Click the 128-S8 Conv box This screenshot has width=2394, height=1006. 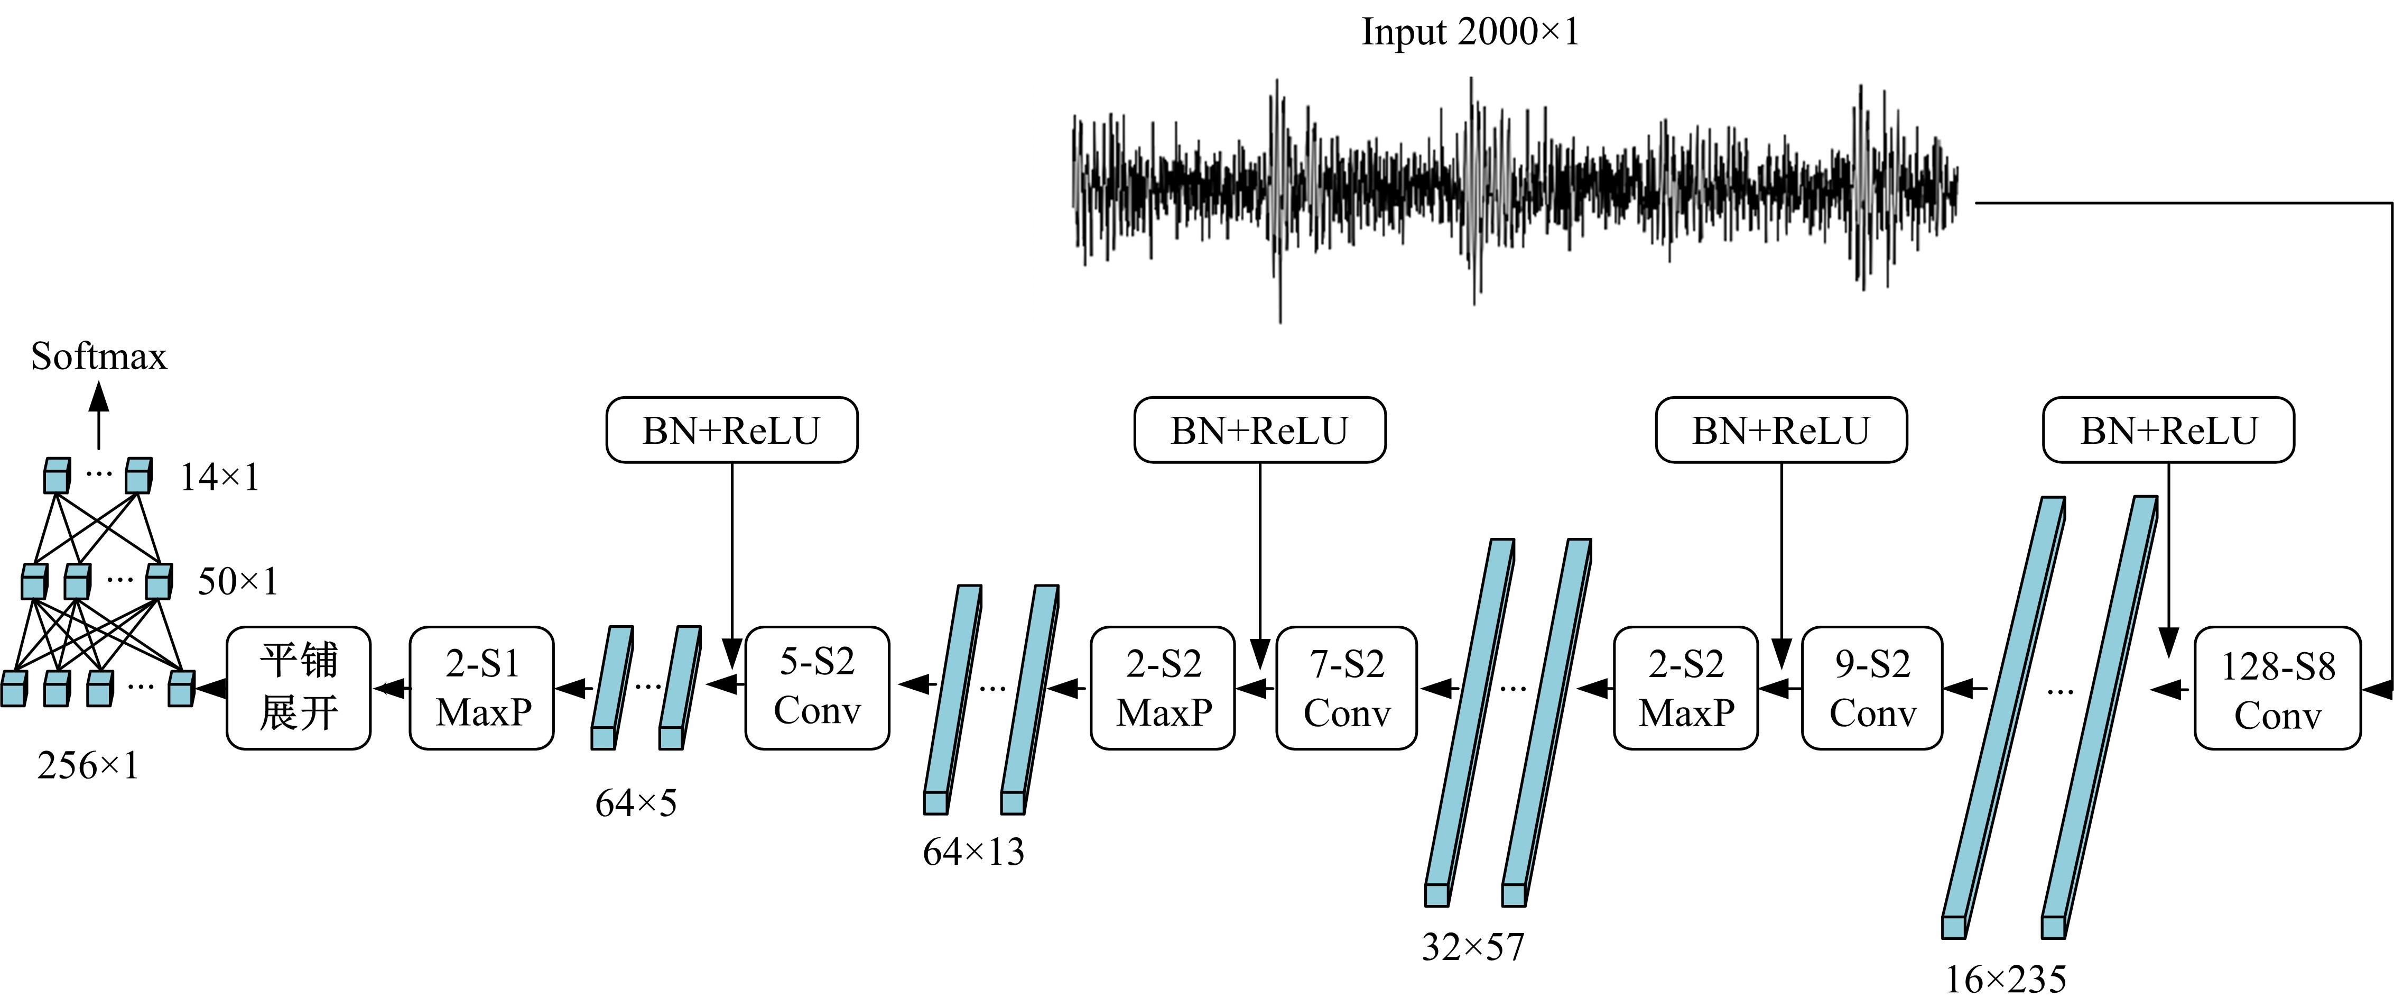(2277, 688)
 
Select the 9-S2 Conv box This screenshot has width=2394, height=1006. (1872, 688)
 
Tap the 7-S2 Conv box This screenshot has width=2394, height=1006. (1347, 688)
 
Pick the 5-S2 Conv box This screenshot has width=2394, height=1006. (817, 688)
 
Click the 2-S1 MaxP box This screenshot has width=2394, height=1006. (481, 688)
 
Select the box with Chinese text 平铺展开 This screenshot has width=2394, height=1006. (298, 688)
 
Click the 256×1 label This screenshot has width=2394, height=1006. (88, 766)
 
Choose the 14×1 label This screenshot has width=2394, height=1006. (219, 478)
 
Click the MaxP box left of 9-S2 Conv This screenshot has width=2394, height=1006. (1686, 688)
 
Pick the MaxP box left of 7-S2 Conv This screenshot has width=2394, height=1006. (1163, 688)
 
